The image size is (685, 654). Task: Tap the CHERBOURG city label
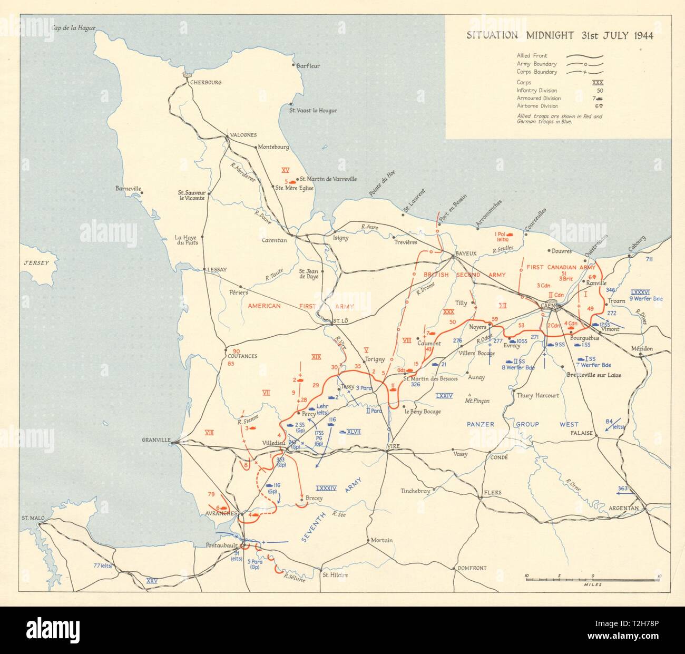207,83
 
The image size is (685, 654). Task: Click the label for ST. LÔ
341,320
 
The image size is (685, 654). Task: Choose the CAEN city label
546,304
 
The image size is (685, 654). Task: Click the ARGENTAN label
623,508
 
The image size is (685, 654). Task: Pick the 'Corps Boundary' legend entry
536,72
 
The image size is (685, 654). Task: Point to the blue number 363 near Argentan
622,489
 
